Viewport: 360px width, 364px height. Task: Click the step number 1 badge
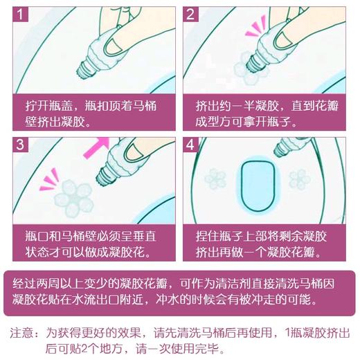[x=20, y=14]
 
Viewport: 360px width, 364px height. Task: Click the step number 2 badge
[x=190, y=14]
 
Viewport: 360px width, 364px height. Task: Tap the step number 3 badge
[x=20, y=145]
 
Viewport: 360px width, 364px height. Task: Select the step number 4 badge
[x=190, y=145]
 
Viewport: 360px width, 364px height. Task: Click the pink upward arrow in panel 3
[x=96, y=147]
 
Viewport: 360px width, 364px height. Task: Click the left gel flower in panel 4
[x=215, y=179]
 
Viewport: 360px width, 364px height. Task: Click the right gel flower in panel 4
[x=300, y=179]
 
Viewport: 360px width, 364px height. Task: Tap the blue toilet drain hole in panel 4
[x=258, y=185]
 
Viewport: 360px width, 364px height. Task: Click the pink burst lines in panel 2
[x=255, y=27]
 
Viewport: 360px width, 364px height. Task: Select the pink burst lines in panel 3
[x=49, y=180]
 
